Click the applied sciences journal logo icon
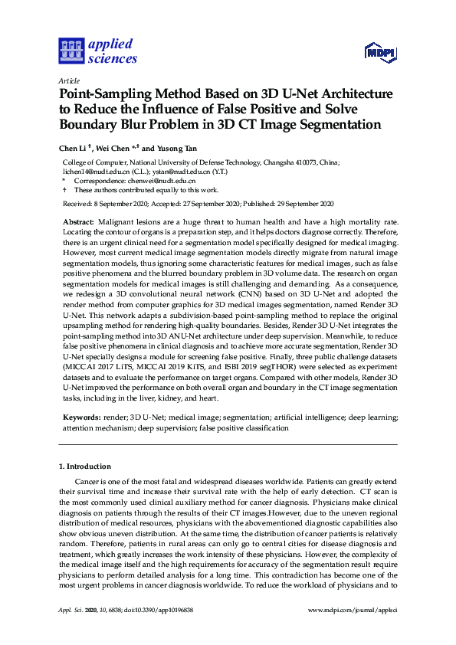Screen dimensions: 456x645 pos(71,51)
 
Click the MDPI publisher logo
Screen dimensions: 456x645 pos(380,52)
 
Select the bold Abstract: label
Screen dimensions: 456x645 pos(78,221)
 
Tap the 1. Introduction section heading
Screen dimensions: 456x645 pos(85,466)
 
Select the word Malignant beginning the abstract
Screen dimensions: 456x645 pos(116,221)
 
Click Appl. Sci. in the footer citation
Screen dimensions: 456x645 pos(71,610)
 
